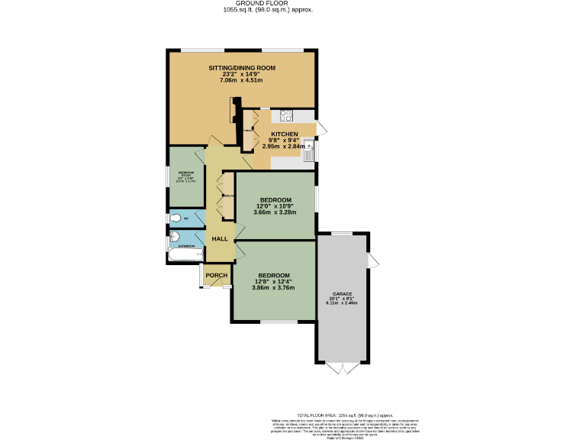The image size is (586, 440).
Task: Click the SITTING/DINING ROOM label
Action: point(242,68)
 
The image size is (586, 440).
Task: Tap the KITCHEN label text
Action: point(284,134)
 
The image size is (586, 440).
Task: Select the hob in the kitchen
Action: point(288,116)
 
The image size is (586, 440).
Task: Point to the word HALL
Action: point(220,239)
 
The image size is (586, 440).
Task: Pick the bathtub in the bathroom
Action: point(182,256)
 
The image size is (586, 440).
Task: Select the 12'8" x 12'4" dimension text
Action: point(273,282)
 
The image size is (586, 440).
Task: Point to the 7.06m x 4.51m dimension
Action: point(241,80)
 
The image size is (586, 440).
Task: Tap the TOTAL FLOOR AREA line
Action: point(337,412)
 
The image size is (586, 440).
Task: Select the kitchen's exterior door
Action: point(321,127)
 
